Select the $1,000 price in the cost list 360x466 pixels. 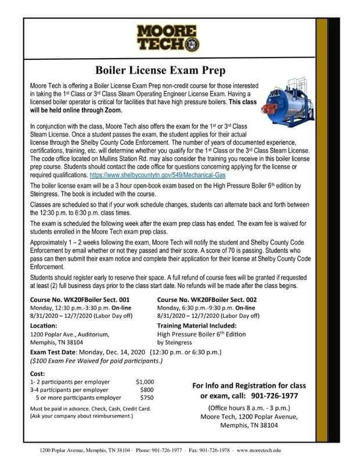pyautogui.click(x=145, y=381)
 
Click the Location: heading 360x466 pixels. pyautogui.click(x=47, y=326)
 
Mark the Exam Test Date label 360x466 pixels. pyautogui.click(x=59, y=352)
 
